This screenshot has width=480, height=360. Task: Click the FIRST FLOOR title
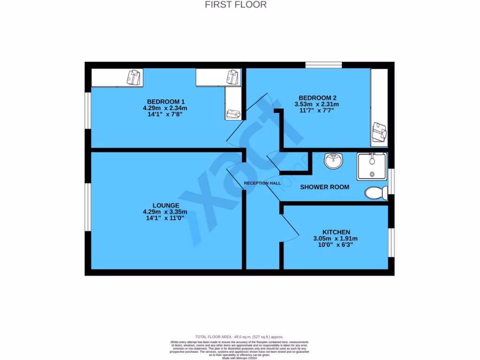(x=236, y=5)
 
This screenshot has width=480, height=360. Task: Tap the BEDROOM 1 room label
(x=166, y=102)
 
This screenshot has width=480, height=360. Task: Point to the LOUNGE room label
(x=165, y=205)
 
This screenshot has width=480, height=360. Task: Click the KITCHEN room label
(x=336, y=232)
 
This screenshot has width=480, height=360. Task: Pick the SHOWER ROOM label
(x=324, y=187)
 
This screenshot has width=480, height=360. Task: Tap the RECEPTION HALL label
(x=262, y=183)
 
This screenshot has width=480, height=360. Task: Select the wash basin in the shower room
(x=333, y=161)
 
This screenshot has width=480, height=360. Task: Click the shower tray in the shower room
(x=372, y=166)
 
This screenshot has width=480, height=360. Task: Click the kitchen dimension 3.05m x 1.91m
(x=336, y=238)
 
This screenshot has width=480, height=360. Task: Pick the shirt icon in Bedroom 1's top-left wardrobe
(x=134, y=77)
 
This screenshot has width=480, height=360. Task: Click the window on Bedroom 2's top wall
(x=323, y=65)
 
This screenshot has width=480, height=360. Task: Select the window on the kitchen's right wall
(x=391, y=242)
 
